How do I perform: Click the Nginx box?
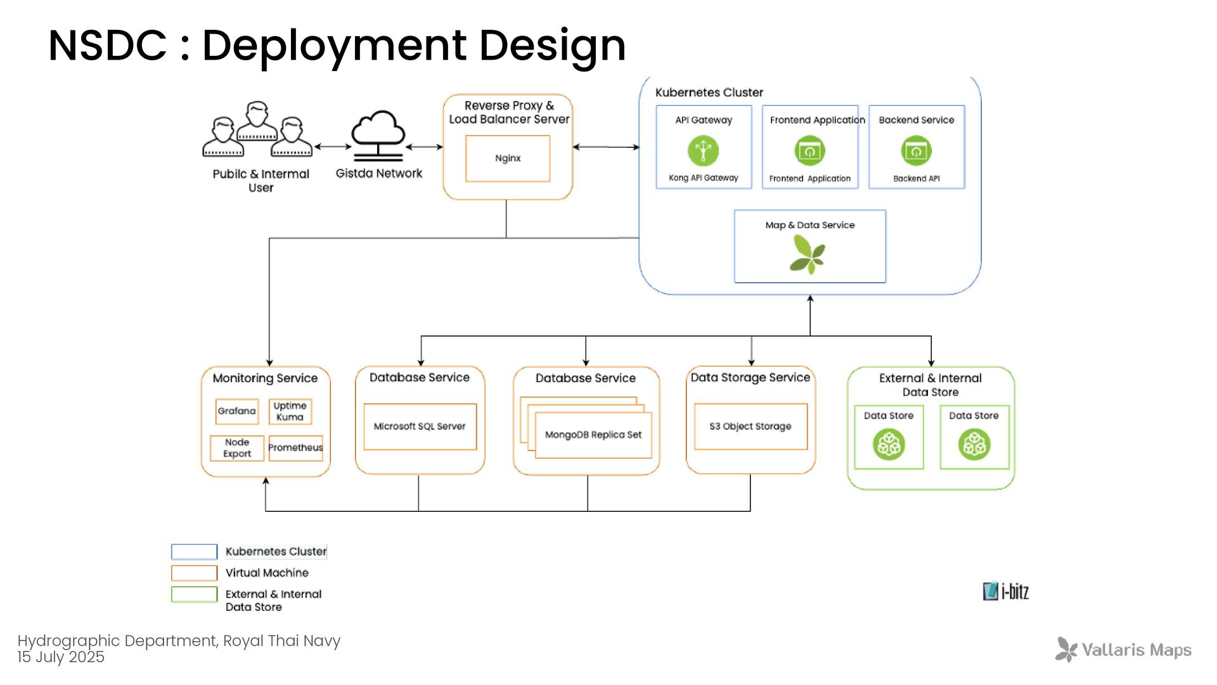click(508, 159)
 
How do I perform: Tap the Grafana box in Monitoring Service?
click(237, 411)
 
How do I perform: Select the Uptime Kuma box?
click(290, 411)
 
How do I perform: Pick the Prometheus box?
click(296, 448)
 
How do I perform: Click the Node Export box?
click(237, 448)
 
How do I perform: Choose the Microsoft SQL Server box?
click(420, 427)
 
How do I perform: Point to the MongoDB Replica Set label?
click(593, 434)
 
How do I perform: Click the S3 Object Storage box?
click(750, 426)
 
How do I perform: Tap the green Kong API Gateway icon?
click(704, 151)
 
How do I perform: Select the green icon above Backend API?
click(917, 151)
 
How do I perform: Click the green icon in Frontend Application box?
click(810, 151)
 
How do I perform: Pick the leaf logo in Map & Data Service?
click(808, 254)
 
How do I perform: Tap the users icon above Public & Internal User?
click(257, 129)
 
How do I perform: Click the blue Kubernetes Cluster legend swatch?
click(195, 552)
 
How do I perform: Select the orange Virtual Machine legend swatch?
click(195, 573)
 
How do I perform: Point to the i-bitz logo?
click(1006, 591)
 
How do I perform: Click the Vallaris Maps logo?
click(1123, 649)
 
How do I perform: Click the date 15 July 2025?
click(61, 657)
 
